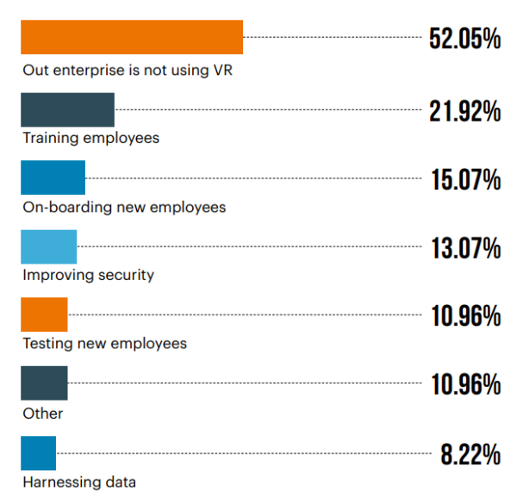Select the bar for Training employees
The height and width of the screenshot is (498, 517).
click(67, 109)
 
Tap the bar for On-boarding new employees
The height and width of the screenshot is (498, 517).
click(53, 177)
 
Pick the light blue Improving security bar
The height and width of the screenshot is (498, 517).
click(48, 246)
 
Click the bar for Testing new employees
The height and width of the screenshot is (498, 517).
click(44, 314)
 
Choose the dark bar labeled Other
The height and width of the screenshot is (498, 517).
click(44, 383)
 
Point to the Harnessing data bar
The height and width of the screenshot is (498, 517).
click(38, 452)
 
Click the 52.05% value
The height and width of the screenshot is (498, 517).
click(464, 40)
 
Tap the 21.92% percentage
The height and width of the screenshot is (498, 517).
click(465, 111)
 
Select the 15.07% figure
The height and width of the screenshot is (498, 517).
click(465, 180)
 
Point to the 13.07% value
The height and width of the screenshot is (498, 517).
click(465, 249)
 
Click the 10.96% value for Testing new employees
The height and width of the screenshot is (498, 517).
click(465, 316)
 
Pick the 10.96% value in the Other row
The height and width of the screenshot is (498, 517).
click(465, 384)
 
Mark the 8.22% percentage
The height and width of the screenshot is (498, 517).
click(470, 454)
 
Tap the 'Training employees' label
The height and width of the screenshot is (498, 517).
click(90, 138)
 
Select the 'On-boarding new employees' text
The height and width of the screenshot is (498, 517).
click(124, 207)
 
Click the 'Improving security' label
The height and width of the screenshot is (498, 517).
click(88, 276)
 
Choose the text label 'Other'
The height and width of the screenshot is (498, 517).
click(43, 414)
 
